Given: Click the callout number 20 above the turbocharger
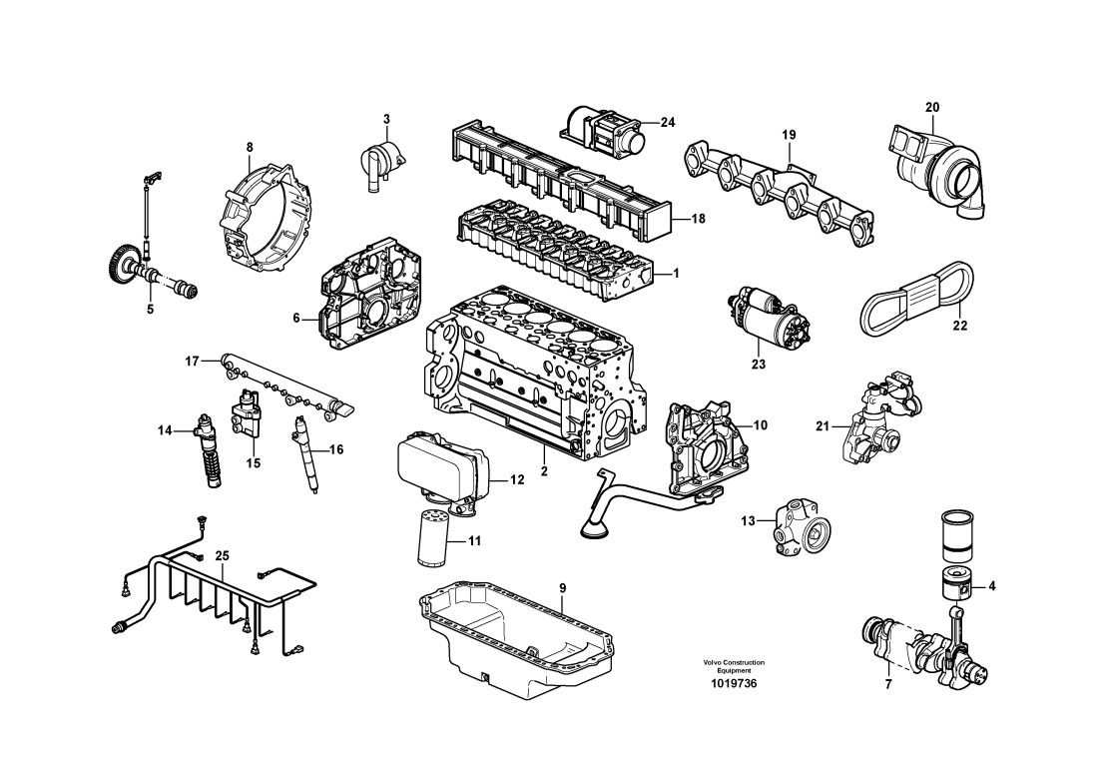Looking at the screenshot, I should click(932, 107).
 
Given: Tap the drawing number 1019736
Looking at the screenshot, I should click(734, 683).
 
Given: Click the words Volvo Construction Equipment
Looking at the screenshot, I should click(734, 666).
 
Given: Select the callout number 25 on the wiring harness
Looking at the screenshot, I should click(222, 555).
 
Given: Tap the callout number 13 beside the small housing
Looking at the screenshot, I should click(749, 520).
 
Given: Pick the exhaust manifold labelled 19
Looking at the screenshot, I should click(779, 185).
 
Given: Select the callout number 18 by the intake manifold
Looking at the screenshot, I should click(698, 218).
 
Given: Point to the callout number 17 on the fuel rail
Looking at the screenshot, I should click(193, 360).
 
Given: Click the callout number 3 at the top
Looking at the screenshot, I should click(387, 120).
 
